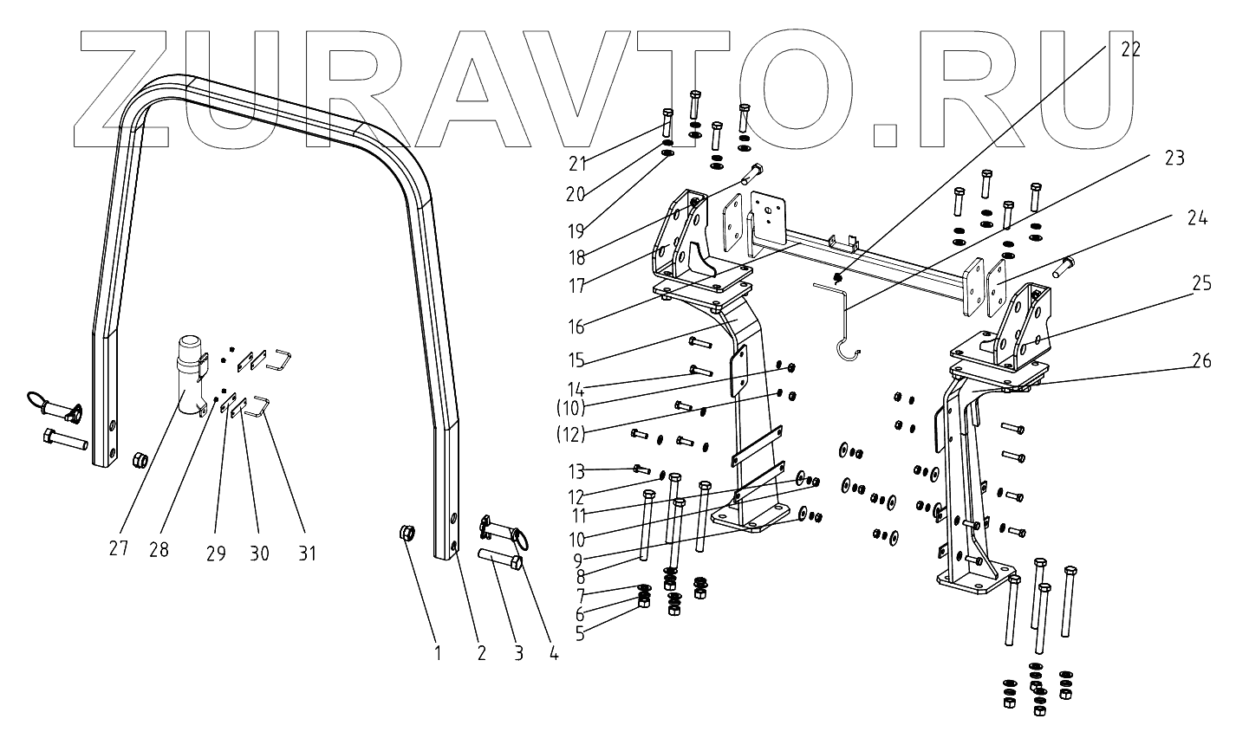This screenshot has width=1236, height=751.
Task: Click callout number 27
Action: coord(119,548)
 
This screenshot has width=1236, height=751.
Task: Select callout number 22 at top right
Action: coord(1130,49)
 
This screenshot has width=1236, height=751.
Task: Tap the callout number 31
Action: coord(307,553)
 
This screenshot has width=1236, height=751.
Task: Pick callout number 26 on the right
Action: coord(1200,361)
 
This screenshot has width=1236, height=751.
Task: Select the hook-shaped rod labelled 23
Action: coord(845,320)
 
